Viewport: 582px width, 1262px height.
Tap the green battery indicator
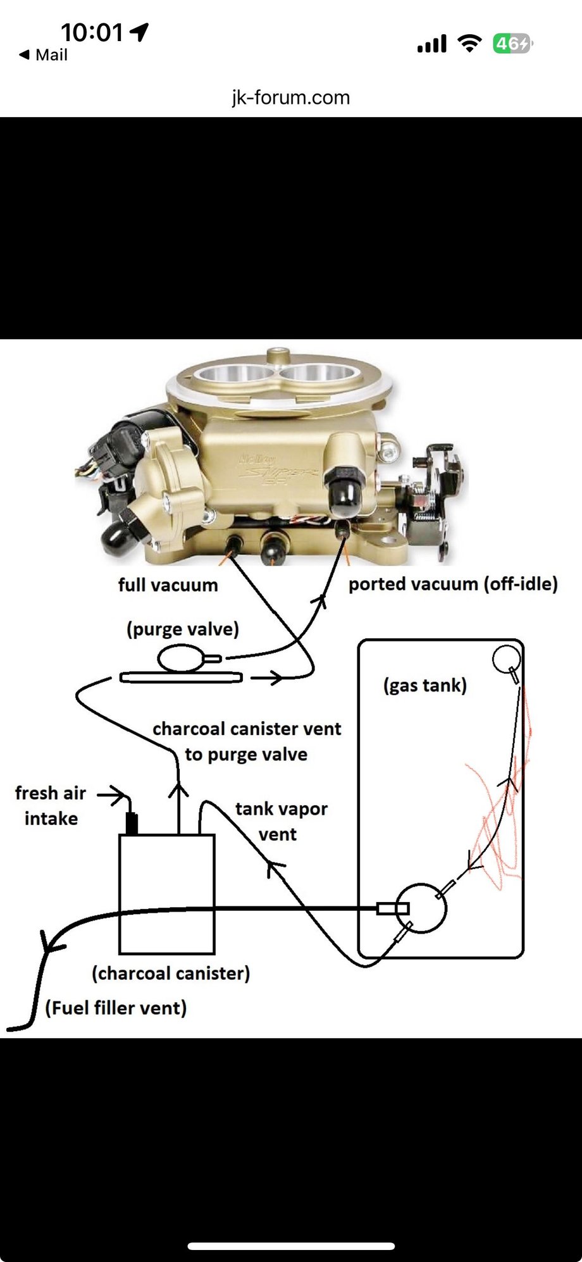click(512, 44)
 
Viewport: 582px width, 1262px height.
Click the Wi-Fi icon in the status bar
click(469, 44)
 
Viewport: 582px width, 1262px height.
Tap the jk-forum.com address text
click(290, 97)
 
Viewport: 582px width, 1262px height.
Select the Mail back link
click(44, 55)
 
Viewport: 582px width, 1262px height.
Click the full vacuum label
click(168, 585)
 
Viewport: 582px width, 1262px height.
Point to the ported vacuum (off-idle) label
click(453, 584)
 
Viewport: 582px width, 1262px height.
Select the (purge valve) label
click(183, 629)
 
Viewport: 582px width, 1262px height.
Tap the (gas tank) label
click(424, 685)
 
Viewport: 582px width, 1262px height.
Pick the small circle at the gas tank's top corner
click(506, 658)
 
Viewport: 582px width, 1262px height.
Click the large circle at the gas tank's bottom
click(421, 908)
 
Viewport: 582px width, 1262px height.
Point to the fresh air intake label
click(50, 805)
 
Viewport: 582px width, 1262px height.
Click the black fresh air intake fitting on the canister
click(132, 823)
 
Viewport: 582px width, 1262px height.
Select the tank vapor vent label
click(280, 821)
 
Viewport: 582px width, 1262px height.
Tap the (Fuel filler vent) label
click(116, 1007)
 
